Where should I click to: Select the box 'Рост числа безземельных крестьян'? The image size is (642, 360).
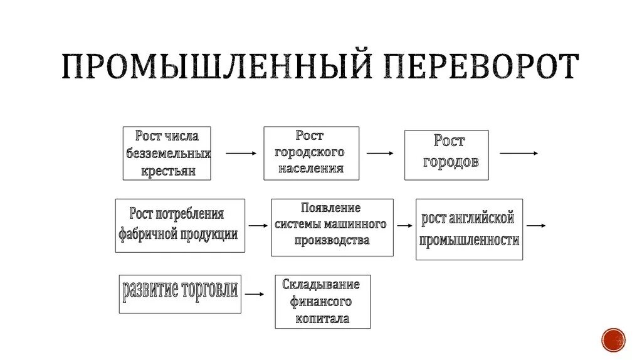click(167, 154)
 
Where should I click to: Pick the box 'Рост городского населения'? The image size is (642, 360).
click(311, 153)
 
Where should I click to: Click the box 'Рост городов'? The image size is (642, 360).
click(446, 155)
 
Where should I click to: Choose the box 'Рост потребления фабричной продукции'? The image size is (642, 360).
click(180, 225)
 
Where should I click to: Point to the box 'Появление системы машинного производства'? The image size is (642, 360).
click(332, 227)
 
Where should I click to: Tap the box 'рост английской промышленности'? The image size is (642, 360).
click(469, 229)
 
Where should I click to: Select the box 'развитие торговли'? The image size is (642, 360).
click(180, 293)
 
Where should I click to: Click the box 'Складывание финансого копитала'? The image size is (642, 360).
click(322, 302)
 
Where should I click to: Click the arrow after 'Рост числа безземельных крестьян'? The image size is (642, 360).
click(241, 153)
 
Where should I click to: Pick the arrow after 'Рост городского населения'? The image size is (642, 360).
click(380, 153)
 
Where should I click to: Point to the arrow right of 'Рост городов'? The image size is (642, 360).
click(518, 153)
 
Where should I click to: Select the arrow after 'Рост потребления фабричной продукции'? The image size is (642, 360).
click(258, 225)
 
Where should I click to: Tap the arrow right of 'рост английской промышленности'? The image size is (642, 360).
click(536, 225)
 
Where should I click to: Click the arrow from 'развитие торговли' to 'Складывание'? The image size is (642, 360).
click(255, 293)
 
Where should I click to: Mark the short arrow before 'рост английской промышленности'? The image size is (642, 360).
click(405, 225)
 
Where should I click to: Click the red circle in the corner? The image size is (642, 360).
click(613, 340)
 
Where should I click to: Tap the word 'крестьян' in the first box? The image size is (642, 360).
click(168, 171)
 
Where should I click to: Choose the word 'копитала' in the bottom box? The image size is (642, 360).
click(322, 319)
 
